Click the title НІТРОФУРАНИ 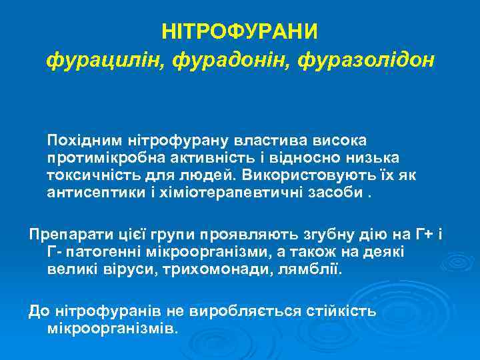[x=240, y=31]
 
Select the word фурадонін [x=232, y=61]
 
